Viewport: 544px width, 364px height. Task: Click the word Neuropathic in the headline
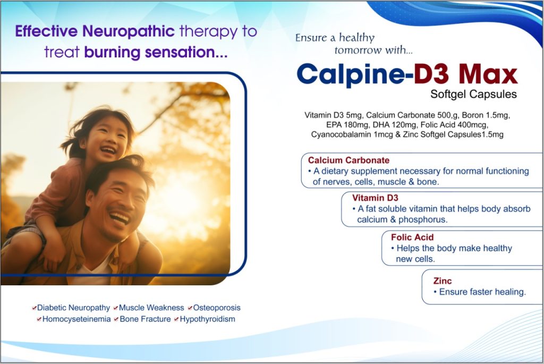[x=129, y=31]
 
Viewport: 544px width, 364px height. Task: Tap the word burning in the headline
[x=112, y=52]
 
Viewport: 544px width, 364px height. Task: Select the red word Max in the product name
[x=488, y=74]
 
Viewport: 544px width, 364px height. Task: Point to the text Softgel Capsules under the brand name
[x=473, y=94]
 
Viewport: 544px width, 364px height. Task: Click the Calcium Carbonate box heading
[x=348, y=160]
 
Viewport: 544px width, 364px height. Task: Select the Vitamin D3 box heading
[x=375, y=198]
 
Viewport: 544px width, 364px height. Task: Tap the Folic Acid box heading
[x=412, y=237]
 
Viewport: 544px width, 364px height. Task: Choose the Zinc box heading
[x=443, y=281]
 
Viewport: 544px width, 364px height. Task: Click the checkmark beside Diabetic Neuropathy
[x=34, y=308]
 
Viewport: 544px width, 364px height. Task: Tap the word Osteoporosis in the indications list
[x=217, y=308]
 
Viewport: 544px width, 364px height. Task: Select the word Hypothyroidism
[x=207, y=319]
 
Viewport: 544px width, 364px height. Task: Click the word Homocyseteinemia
[x=76, y=319]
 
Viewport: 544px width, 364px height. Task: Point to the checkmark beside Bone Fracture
[x=116, y=319]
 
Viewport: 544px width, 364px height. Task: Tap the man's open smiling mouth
[x=120, y=218]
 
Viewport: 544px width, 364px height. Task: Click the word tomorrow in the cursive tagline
[x=358, y=50]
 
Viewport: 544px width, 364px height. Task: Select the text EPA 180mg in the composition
[x=347, y=125]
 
